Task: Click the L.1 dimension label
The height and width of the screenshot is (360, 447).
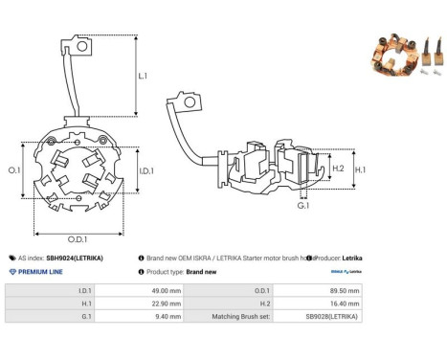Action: coord(142,74)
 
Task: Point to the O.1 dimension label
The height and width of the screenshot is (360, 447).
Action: coord(15,170)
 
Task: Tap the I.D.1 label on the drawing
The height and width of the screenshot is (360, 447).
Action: coord(146,170)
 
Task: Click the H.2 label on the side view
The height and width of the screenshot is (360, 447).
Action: coord(338,169)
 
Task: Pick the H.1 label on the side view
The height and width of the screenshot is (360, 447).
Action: coord(361,169)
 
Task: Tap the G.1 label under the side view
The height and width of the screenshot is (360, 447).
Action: coord(302,205)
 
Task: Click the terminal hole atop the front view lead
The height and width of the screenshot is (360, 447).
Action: coord(82,45)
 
